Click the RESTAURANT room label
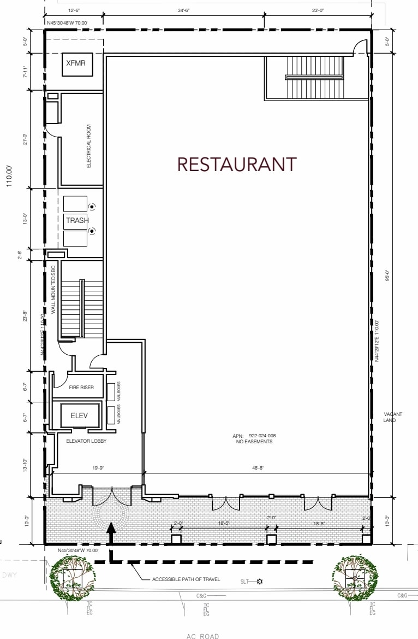[x=237, y=164]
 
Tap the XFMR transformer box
[x=76, y=64]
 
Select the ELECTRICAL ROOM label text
[x=88, y=146]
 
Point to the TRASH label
[x=77, y=220]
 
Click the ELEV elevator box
[x=79, y=416]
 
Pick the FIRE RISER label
[x=81, y=388]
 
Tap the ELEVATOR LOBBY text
[x=86, y=441]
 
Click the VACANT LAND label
[x=393, y=417]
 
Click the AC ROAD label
[x=203, y=636]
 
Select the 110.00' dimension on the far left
[x=9, y=177]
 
